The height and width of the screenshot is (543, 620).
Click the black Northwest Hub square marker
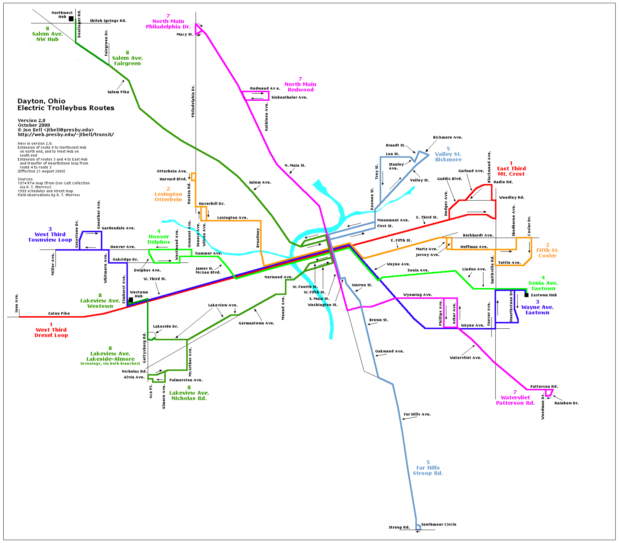[71, 19]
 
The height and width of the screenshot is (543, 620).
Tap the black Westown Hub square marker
[131, 300]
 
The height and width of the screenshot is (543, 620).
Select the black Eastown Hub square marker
[527, 295]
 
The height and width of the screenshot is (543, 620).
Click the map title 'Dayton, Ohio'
[41, 101]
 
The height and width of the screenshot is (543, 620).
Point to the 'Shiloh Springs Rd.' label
[108, 21]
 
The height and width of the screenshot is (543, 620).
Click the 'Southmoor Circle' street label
[438, 524]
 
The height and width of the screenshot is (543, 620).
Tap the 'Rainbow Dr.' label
[566, 403]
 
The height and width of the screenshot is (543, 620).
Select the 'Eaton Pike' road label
[59, 313]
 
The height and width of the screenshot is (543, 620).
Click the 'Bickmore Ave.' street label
[447, 137]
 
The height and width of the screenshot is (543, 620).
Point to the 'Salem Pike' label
[118, 92]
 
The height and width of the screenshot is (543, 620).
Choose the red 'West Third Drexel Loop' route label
[51, 332]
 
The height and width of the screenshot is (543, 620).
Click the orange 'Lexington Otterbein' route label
[168, 197]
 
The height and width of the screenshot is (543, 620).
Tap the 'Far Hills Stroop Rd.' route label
[428, 470]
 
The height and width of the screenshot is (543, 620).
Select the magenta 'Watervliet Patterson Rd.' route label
[515, 400]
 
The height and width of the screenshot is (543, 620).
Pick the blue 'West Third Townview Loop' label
[50, 237]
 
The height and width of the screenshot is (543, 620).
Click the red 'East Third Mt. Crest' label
[511, 171]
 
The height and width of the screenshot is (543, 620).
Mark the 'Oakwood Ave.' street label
[389, 351]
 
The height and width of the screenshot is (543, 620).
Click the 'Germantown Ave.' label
[256, 323]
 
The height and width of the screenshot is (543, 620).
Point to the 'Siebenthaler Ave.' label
[289, 97]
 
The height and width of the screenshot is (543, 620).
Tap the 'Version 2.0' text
[31, 120]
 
